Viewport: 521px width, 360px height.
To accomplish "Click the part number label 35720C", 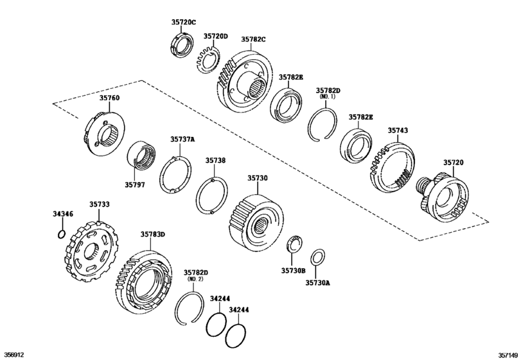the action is click(x=184, y=22).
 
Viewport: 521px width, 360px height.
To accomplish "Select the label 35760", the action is click(x=109, y=98).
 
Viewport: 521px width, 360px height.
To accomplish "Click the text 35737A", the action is click(x=182, y=139).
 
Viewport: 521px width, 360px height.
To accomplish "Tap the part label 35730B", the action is click(x=293, y=271).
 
